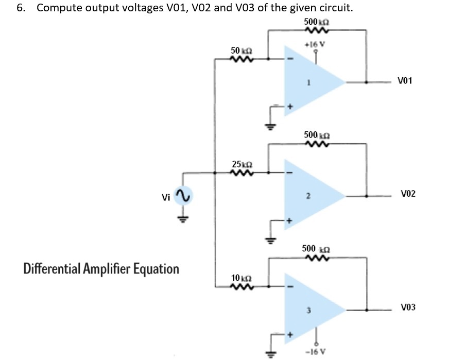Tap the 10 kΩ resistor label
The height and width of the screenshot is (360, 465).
(x=240, y=278)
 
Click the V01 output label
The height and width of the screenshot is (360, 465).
(x=405, y=81)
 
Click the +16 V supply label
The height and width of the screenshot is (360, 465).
(x=315, y=44)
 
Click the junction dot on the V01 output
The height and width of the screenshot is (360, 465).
(x=366, y=81)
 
